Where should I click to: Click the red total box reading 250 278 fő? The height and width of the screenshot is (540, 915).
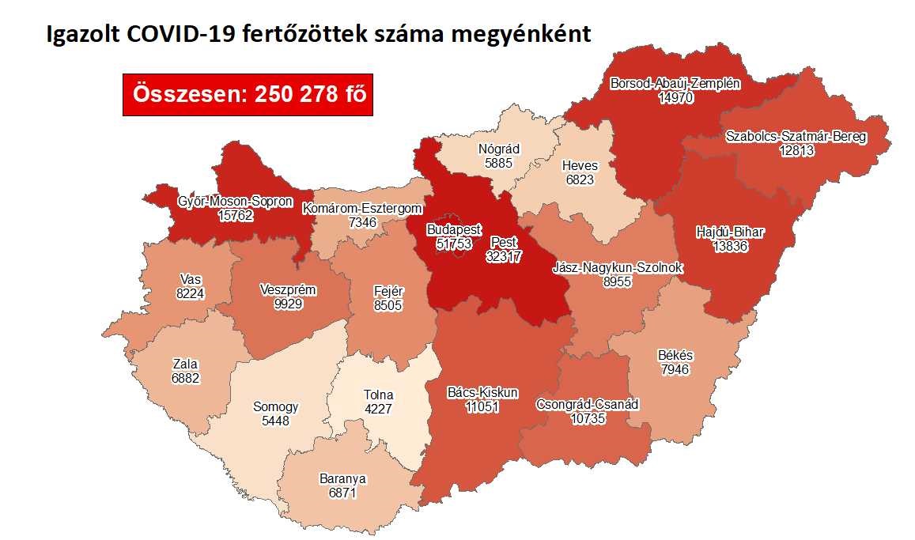pos(248,94)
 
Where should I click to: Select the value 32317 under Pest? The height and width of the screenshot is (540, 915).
pos(504,256)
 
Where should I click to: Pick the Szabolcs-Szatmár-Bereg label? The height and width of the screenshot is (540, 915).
pos(796,137)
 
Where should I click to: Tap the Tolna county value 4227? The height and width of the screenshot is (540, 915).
pos(378,409)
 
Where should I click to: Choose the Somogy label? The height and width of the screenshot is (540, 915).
pos(276,407)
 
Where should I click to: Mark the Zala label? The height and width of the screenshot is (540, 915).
pos(185,364)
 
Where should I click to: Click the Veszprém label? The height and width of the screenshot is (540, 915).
pos(288,289)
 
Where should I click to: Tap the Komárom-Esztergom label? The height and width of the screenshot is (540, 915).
pos(363,208)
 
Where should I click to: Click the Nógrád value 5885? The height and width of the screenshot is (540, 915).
pos(499,162)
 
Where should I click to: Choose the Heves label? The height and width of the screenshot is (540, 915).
pos(580,166)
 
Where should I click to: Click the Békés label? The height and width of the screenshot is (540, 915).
pos(675,355)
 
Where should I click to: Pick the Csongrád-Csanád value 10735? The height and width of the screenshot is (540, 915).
pos(587,418)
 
